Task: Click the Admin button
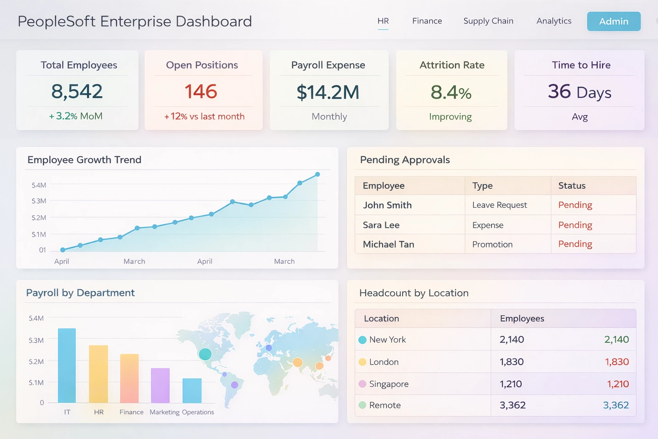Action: point(613,22)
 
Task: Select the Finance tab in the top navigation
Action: point(427,21)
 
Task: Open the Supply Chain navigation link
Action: point(488,21)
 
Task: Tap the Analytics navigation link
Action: point(554,21)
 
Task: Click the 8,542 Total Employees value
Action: point(77,91)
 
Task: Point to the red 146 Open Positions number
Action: point(201,91)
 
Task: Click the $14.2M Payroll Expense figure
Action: point(328,92)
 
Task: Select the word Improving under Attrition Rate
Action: point(450,117)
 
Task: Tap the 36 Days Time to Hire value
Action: point(579,92)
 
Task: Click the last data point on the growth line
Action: point(318,174)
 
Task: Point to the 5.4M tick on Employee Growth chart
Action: point(39,185)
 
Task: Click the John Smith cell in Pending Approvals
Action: point(387,205)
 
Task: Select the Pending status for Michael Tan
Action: point(575,244)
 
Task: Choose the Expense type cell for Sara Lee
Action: point(488,225)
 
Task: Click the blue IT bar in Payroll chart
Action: point(67,366)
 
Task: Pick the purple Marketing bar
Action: point(160,385)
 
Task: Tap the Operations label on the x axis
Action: point(198,412)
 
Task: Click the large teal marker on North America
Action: point(205,354)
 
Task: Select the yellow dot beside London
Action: point(362,362)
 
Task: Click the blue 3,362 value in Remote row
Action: point(616,405)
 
